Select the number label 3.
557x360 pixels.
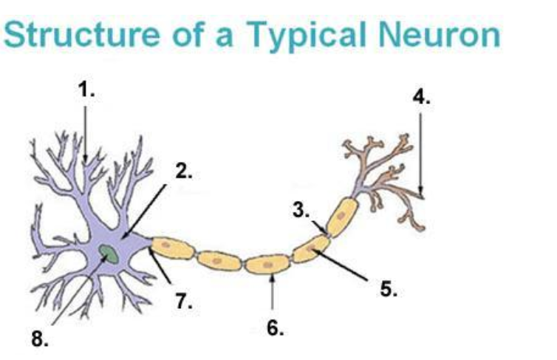pos(300,210)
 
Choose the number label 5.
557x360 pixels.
pos(389,289)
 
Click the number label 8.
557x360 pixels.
pos(39,339)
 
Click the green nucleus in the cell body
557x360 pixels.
pos(109,255)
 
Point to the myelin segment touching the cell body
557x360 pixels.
pos(171,248)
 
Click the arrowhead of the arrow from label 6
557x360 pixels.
pos(273,277)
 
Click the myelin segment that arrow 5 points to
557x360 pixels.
pos(312,250)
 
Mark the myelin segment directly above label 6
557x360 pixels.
pos(267,264)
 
